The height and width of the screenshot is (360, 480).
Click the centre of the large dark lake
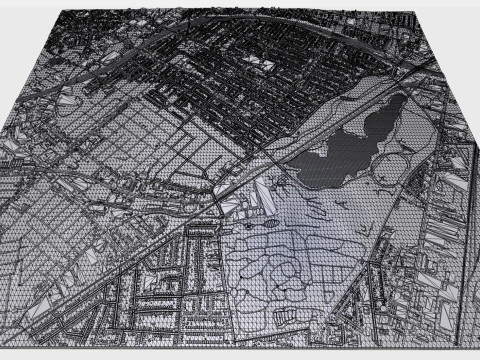(x=345, y=150)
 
